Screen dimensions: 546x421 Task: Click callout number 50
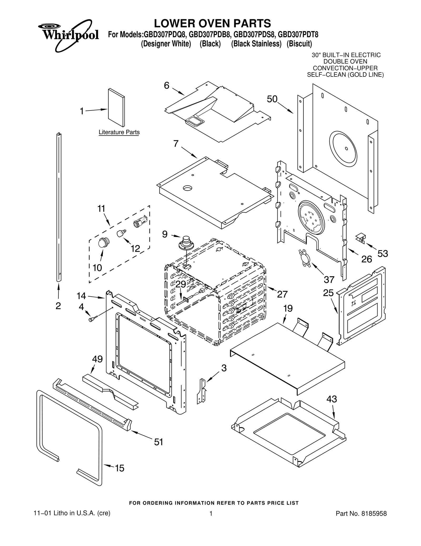click(272, 99)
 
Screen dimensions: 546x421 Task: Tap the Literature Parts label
click(119, 132)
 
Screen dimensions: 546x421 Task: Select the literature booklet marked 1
click(116, 108)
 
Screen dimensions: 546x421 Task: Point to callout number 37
click(329, 279)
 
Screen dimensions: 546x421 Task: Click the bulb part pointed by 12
click(121, 234)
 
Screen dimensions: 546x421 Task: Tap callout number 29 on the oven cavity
click(181, 284)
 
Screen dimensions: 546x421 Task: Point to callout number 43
click(332, 399)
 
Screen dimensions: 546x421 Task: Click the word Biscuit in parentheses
click(299, 44)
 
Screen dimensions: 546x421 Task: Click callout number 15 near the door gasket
click(119, 468)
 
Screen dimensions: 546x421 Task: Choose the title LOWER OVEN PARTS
click(212, 23)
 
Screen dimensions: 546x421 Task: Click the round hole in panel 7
click(188, 188)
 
